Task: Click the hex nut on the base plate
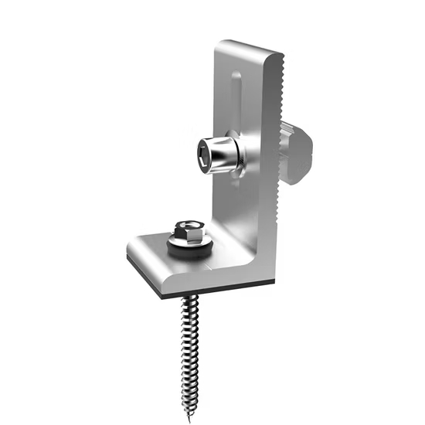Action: (x=185, y=230)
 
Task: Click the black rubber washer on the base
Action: (x=189, y=249)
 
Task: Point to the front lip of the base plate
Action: (x=193, y=278)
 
